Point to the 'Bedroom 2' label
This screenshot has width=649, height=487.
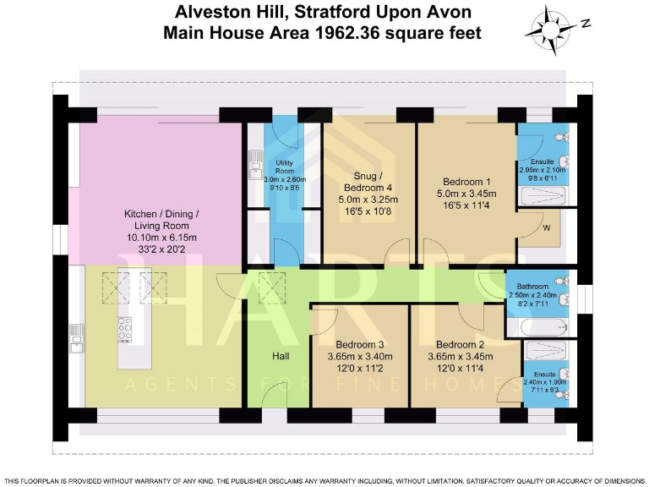coord(459,345)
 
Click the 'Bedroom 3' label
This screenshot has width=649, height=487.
coord(360,345)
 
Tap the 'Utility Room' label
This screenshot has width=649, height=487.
coord(283,165)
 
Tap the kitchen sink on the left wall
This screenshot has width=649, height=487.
coord(77,337)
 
